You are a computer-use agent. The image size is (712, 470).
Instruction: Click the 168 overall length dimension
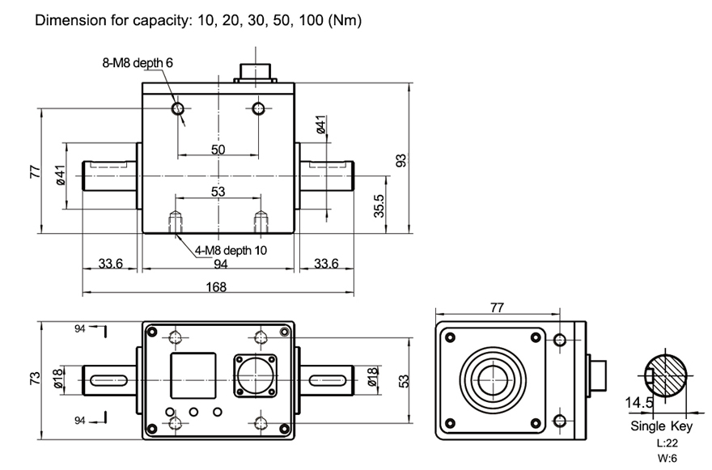pyautogui.click(x=217, y=287)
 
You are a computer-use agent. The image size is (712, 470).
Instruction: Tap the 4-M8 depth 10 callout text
pyautogui.click(x=231, y=250)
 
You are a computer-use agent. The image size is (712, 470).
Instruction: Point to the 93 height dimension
pyautogui.click(x=400, y=160)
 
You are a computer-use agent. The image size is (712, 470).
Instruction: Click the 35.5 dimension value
pyautogui.click(x=379, y=212)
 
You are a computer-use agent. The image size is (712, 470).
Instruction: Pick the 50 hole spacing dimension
pyautogui.click(x=218, y=149)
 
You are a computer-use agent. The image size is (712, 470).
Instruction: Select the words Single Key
pyautogui.click(x=659, y=426)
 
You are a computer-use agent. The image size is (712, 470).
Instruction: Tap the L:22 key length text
pyautogui.click(x=667, y=442)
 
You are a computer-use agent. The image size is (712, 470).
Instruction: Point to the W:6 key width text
pyautogui.click(x=667, y=457)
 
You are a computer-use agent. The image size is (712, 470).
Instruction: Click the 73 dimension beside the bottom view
pyautogui.click(x=35, y=379)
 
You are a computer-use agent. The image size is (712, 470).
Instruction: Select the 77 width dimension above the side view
pyautogui.click(x=498, y=308)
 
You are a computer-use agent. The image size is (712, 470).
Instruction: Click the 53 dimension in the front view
pyautogui.click(x=218, y=192)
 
